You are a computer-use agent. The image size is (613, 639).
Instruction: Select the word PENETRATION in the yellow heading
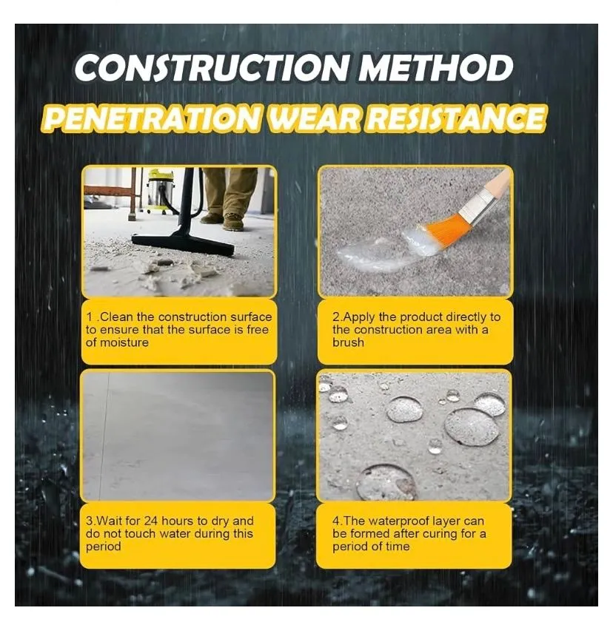point(151,118)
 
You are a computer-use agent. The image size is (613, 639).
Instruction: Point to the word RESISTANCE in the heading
point(456,118)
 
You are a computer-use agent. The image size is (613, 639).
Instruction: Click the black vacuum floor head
point(183,243)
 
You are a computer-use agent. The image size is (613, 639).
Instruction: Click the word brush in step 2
point(348,342)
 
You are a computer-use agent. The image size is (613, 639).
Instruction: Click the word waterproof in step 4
point(400,521)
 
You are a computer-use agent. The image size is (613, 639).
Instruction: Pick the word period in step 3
point(103,547)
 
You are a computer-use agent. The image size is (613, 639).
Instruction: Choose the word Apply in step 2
point(359,317)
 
